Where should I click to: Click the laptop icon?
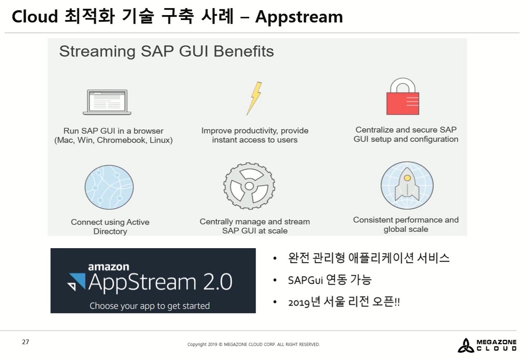tap(107, 102)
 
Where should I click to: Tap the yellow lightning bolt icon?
tap(254, 98)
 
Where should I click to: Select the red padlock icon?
tap(403, 96)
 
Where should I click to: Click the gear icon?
tap(249, 186)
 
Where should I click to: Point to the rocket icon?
tap(407, 185)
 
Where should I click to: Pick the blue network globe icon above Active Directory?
tap(109, 187)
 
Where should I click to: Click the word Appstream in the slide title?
tap(299, 17)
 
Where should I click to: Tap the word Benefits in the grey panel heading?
tap(244, 51)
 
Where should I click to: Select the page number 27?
tap(26, 342)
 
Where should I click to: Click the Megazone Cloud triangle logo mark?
tap(466, 346)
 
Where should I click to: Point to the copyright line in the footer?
tap(254, 344)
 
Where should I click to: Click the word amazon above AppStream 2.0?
tap(109, 267)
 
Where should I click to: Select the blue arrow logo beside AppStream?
tap(76, 282)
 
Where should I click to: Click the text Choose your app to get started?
tap(149, 306)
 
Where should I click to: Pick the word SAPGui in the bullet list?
tap(306, 280)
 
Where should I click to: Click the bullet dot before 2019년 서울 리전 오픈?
tap(275, 302)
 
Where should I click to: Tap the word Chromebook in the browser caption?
tap(122, 140)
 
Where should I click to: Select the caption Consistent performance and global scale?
tap(406, 224)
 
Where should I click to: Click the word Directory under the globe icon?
tap(110, 231)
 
